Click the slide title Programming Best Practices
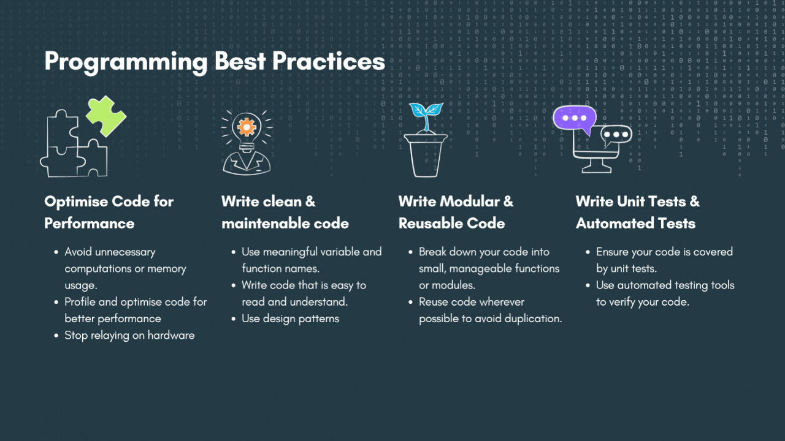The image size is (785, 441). (x=215, y=62)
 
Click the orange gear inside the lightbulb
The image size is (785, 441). (x=247, y=127)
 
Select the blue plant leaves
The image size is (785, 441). (x=426, y=111)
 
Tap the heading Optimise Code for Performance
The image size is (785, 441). (x=109, y=212)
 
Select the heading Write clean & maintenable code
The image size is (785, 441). (x=285, y=212)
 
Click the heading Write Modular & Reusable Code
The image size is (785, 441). (x=456, y=212)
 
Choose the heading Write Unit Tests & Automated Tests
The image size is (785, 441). (x=637, y=212)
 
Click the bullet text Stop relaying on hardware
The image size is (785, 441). (x=129, y=335)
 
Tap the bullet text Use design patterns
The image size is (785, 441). (x=290, y=318)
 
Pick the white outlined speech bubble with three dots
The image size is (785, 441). (x=615, y=135)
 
